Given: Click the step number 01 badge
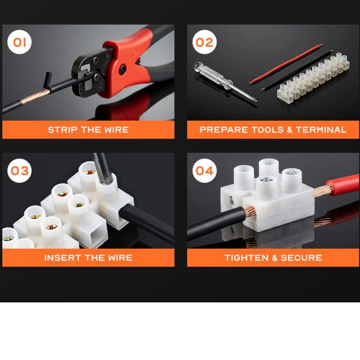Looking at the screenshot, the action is tap(19, 42).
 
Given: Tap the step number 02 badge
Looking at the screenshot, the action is tap(204, 42).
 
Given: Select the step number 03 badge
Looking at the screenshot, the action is tap(19, 171).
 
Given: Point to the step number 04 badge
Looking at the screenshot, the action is tap(204, 171).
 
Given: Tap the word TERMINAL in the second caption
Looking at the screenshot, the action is tap(321, 130).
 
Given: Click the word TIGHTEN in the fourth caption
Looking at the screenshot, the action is tap(246, 257).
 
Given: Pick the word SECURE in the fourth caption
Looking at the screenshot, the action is tap(301, 257).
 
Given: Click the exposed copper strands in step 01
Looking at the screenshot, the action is tap(36, 97).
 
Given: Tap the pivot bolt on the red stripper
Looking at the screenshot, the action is tap(122, 69).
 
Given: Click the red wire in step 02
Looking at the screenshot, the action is tap(286, 64).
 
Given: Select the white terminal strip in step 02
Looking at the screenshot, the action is tap(313, 77).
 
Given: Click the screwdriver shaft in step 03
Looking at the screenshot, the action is tap(102, 168).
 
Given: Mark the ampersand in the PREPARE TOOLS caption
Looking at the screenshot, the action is tap(289, 130).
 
